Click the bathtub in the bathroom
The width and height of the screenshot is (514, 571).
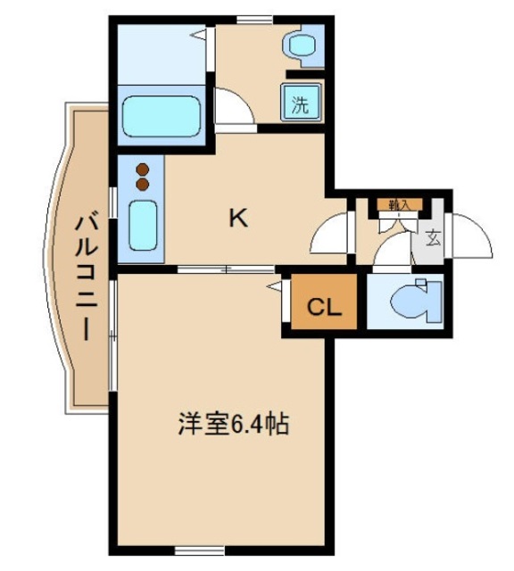tap(160, 113)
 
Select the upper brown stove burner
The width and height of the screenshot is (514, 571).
tap(142, 169)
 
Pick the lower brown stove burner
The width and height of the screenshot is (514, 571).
tap(142, 185)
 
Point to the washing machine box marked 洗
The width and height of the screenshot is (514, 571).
tap(301, 103)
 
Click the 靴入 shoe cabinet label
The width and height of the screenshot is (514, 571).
tap(398, 204)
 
